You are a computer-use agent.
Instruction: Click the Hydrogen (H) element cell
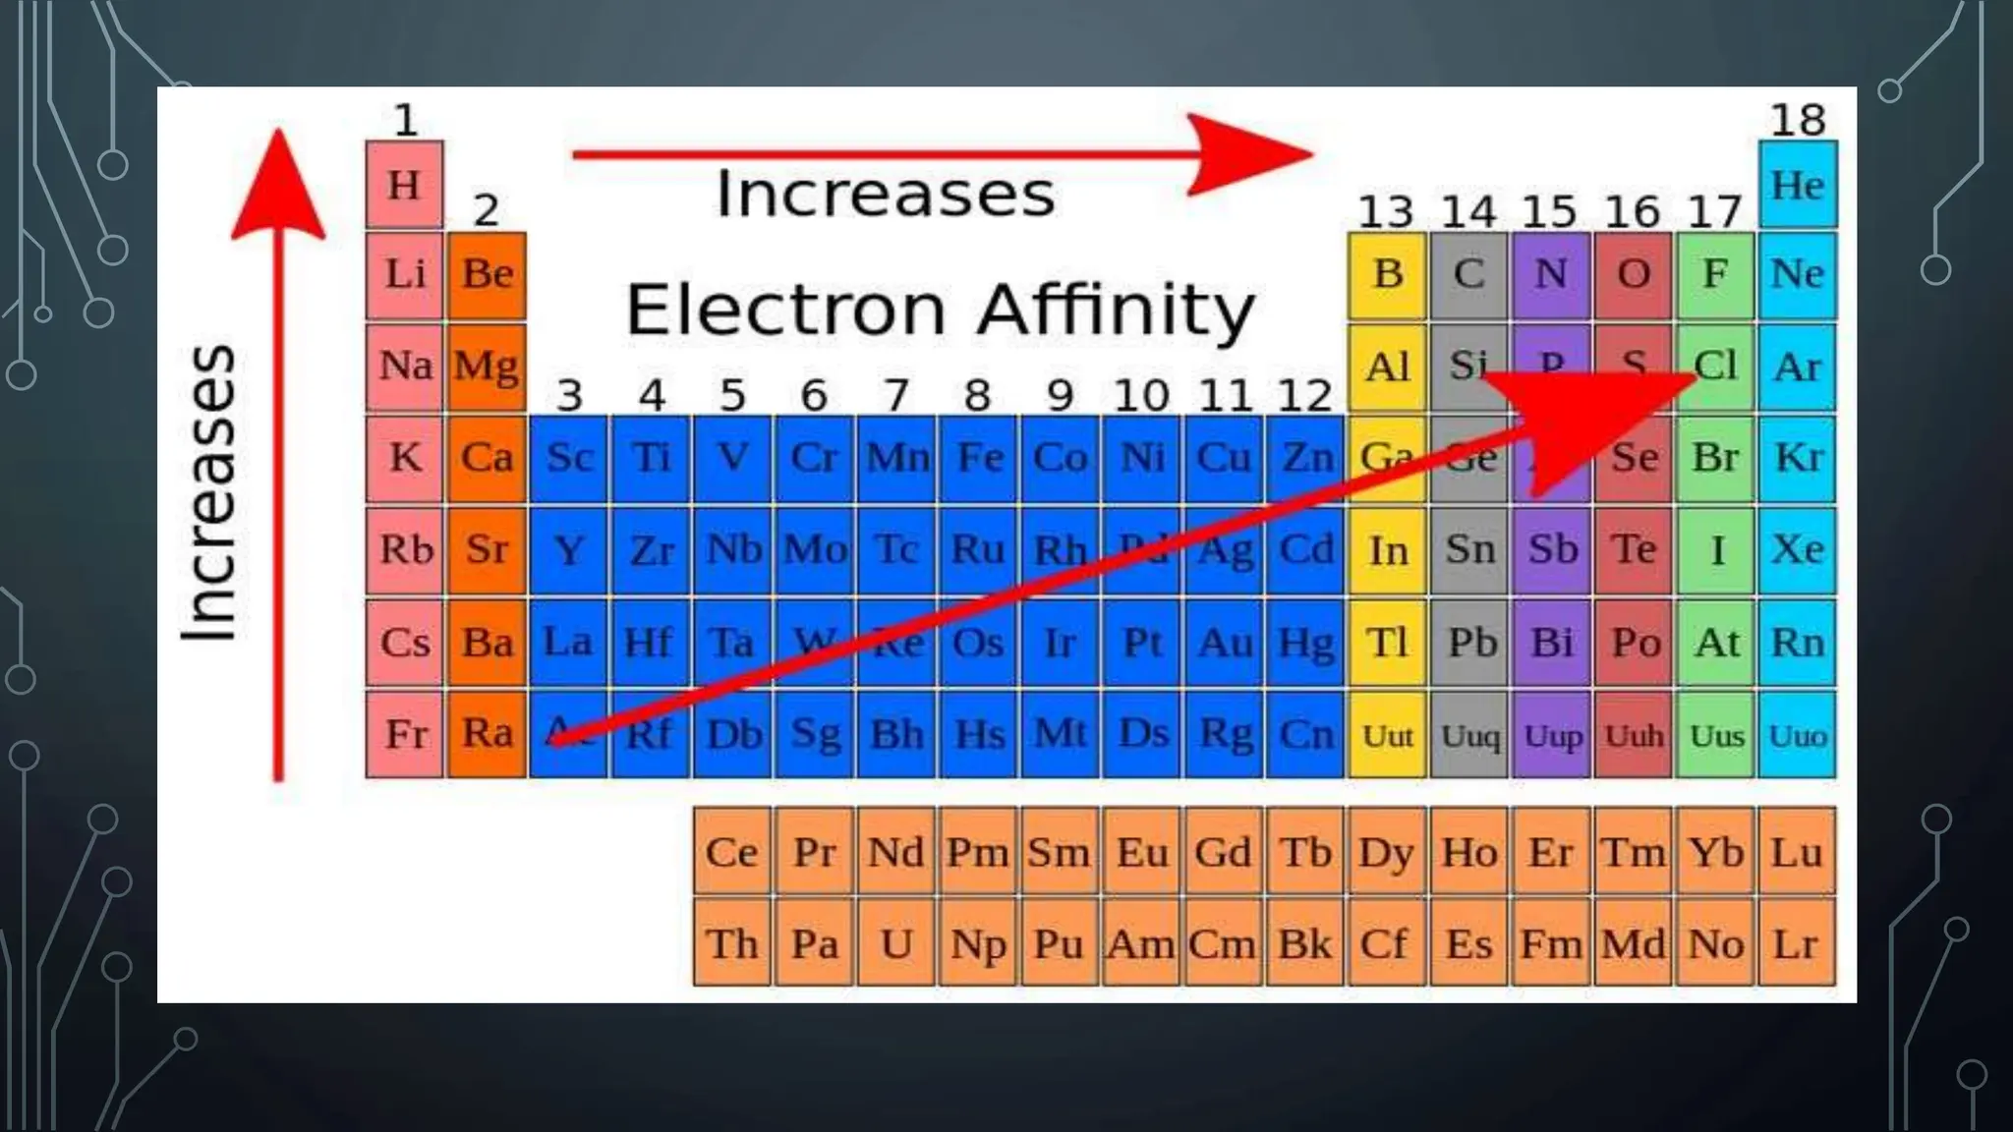tap(404, 185)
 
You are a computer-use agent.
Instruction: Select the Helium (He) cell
tap(1797, 185)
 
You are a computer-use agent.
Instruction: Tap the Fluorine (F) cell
tap(1715, 274)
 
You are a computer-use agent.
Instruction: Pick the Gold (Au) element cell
tap(1224, 643)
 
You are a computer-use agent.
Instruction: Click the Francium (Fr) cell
tap(404, 734)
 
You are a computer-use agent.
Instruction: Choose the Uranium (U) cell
tap(895, 944)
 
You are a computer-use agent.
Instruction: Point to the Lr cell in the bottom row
tap(1796, 944)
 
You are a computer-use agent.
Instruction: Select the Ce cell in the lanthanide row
tap(731, 852)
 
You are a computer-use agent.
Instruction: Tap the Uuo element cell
tap(1797, 735)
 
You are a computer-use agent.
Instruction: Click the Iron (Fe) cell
tap(979, 458)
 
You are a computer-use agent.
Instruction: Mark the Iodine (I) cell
tap(1716, 550)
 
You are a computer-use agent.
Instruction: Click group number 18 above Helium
tap(1797, 120)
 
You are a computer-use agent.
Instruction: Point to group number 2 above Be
tap(486, 209)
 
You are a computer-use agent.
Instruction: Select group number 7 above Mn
tap(894, 395)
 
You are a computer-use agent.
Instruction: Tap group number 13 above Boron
tap(1385, 211)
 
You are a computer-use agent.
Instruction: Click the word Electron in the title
tap(785, 310)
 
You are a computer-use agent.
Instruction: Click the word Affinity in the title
tap(1116, 310)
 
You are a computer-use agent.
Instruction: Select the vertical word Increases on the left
tap(209, 493)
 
